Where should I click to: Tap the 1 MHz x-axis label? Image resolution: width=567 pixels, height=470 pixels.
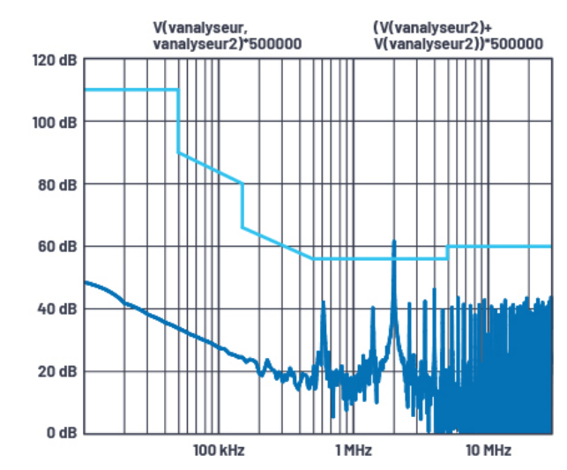(x=352, y=451)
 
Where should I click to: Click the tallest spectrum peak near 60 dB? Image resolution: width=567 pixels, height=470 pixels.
(x=394, y=242)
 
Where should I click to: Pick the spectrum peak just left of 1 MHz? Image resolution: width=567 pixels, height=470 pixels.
(x=324, y=303)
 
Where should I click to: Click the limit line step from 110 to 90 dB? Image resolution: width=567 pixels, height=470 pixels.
(x=179, y=121)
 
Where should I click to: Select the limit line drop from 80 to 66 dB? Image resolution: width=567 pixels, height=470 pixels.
(x=242, y=205)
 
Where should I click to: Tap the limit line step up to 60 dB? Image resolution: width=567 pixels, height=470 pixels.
(x=448, y=252)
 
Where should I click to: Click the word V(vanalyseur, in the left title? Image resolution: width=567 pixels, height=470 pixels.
(x=205, y=27)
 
